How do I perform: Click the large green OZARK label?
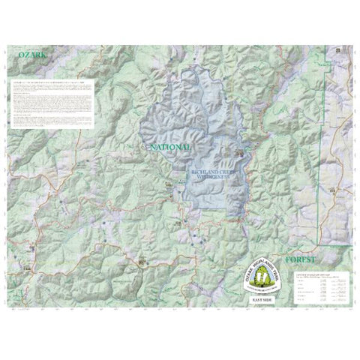[x=22, y=55]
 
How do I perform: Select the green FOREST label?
[x=295, y=259]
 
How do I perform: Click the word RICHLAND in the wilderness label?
[x=197, y=172]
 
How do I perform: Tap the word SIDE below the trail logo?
[x=271, y=298]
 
